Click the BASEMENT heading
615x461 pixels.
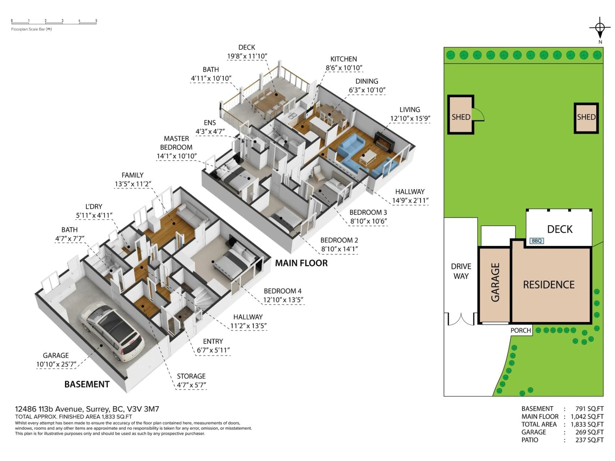coord(87,384)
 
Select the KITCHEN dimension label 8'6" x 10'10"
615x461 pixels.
coord(344,68)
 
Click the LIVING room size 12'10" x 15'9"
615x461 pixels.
coord(410,119)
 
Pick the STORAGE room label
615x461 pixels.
coord(191,376)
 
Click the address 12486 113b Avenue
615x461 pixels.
coord(87,409)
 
